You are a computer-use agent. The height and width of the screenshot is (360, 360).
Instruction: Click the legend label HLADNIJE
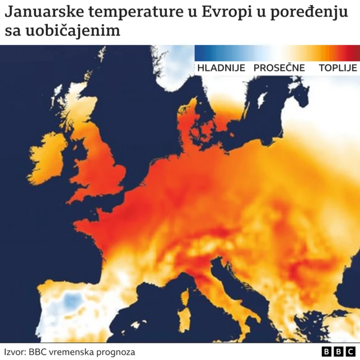tap(221, 68)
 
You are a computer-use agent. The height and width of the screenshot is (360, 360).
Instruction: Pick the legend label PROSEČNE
tap(279, 68)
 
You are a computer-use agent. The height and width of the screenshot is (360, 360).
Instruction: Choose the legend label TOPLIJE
tap(337, 68)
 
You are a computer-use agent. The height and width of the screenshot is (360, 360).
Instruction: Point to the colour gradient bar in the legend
tap(277, 52)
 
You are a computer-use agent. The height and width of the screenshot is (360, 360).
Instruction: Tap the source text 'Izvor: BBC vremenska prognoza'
tap(69, 352)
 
